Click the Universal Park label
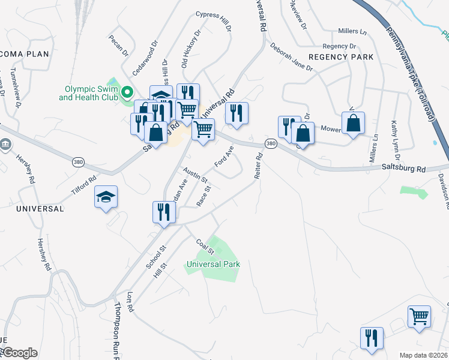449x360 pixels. tap(213, 264)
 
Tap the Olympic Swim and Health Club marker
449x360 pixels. tap(127, 92)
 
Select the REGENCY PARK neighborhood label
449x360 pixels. tap(341, 57)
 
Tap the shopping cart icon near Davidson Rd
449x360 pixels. tap(419, 316)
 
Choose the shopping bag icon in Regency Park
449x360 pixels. tap(354, 124)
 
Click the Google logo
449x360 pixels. tap(19, 353)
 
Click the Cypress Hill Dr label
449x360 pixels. tap(214, 21)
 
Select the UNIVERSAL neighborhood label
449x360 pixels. tap(40, 209)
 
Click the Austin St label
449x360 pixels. tap(196, 175)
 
